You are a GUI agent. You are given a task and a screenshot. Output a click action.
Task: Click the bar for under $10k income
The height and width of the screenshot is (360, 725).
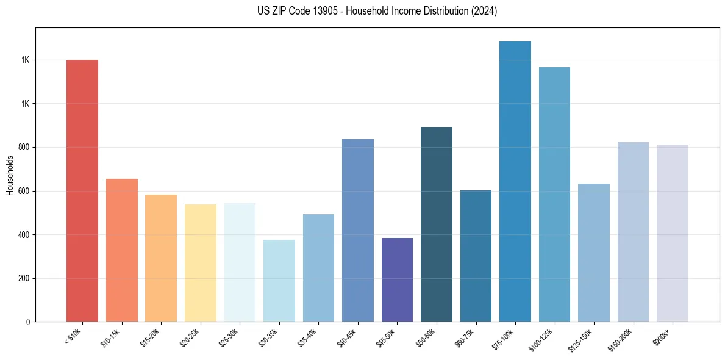click(82, 190)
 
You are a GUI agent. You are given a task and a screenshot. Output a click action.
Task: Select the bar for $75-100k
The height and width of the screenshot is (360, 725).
click(515, 181)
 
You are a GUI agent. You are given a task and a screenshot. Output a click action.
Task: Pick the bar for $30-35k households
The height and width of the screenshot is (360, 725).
click(279, 281)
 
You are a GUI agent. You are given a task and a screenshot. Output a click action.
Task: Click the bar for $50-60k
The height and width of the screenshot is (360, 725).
click(437, 224)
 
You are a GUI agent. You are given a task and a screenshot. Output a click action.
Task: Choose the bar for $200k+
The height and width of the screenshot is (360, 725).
click(673, 233)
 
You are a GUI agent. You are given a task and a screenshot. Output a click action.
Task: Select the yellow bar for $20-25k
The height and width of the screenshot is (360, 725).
click(201, 263)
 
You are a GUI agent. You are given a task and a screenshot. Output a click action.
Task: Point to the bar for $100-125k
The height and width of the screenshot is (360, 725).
click(554, 194)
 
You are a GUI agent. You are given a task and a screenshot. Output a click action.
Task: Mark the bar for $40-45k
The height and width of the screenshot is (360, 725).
click(358, 230)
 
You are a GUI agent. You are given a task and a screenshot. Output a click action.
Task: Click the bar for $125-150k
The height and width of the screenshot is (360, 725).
click(594, 253)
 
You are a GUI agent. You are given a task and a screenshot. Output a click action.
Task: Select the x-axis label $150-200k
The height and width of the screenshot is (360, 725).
click(621, 339)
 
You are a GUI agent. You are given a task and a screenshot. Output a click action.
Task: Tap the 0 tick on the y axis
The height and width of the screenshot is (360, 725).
click(28, 322)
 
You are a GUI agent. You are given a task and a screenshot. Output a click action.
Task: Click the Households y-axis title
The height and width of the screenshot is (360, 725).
click(10, 176)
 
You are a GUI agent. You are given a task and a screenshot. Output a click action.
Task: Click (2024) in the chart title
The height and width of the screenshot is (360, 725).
click(485, 11)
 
